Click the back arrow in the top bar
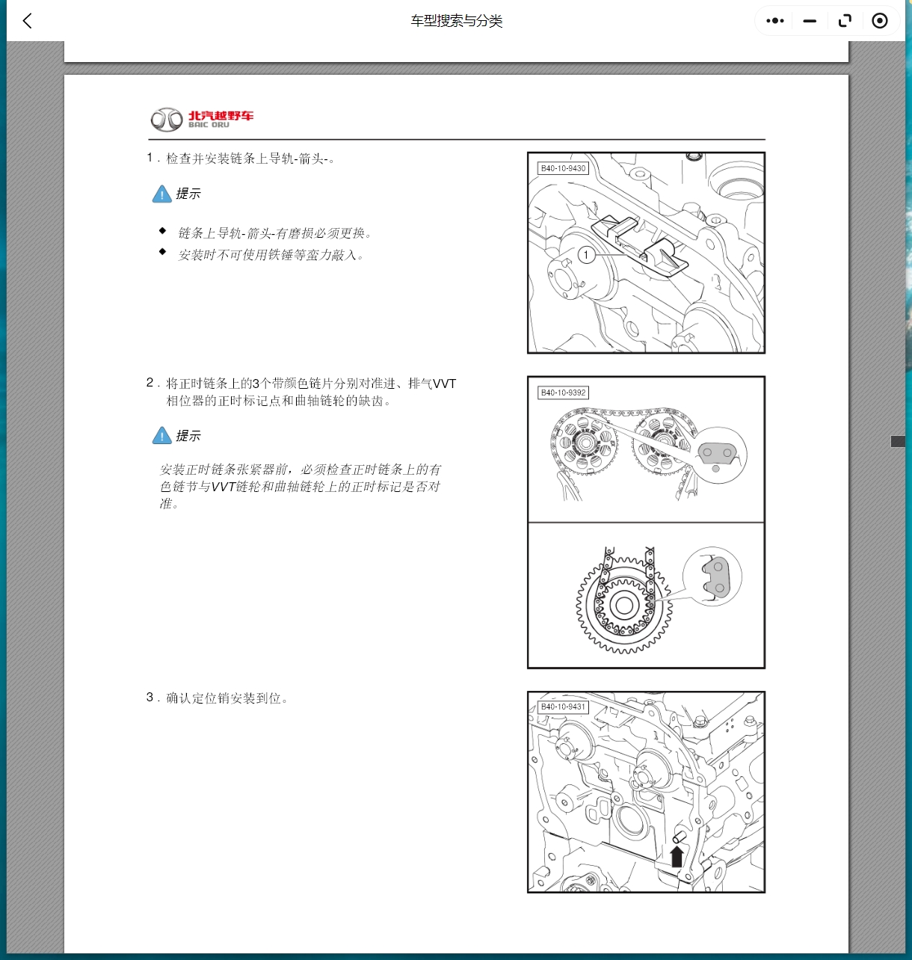coord(28,21)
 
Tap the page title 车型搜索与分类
coord(456,21)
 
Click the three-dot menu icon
coord(775,21)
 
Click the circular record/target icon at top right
coord(880,21)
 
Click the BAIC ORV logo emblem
coord(167,119)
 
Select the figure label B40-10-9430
coord(563,169)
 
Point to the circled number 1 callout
coord(586,255)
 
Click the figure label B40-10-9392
coord(563,393)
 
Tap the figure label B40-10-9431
coord(563,707)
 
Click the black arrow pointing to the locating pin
coord(677,855)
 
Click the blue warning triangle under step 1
coord(162,194)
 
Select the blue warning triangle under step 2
coord(162,436)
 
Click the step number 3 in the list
coord(150,698)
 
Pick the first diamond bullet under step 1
coord(162,231)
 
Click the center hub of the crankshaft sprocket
coord(623,605)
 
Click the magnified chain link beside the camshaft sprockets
coord(717,454)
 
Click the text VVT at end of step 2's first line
coord(444,384)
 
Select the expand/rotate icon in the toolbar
coord(845,21)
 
